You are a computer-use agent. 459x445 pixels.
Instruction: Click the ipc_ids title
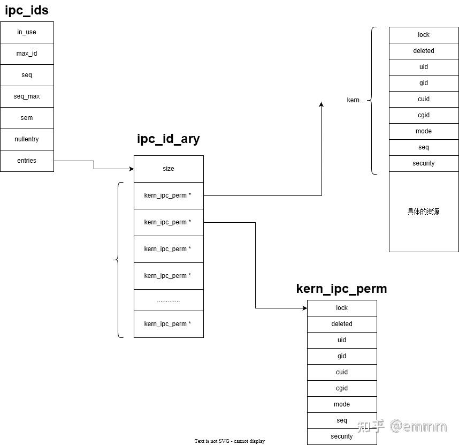(x=27, y=10)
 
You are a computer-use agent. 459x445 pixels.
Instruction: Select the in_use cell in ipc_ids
(x=27, y=32)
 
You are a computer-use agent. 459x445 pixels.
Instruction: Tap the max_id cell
(x=27, y=54)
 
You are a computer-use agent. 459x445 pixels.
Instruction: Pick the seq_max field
(x=27, y=96)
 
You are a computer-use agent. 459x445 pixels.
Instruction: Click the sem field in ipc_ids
(x=27, y=118)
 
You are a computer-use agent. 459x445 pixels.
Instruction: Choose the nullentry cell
(x=27, y=139)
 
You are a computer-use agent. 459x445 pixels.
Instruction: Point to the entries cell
(x=27, y=161)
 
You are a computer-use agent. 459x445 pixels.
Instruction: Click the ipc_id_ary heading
(x=168, y=139)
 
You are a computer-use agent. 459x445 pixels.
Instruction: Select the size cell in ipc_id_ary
(x=169, y=169)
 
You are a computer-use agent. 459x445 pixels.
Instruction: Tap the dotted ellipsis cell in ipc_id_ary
(x=169, y=300)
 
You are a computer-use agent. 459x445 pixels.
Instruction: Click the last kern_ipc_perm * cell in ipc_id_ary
(x=169, y=324)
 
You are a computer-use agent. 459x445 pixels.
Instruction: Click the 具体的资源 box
(x=424, y=212)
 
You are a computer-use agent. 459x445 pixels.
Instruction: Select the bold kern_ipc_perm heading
(x=341, y=289)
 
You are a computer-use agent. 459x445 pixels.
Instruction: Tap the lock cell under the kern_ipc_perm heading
(x=342, y=308)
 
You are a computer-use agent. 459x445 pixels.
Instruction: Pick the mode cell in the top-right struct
(x=424, y=131)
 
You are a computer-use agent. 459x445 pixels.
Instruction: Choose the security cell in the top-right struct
(x=424, y=163)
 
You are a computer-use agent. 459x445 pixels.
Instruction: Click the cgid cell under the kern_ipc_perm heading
(x=342, y=388)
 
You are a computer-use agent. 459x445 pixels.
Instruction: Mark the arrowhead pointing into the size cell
(x=131, y=169)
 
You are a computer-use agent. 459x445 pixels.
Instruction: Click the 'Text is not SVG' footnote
(x=230, y=441)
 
